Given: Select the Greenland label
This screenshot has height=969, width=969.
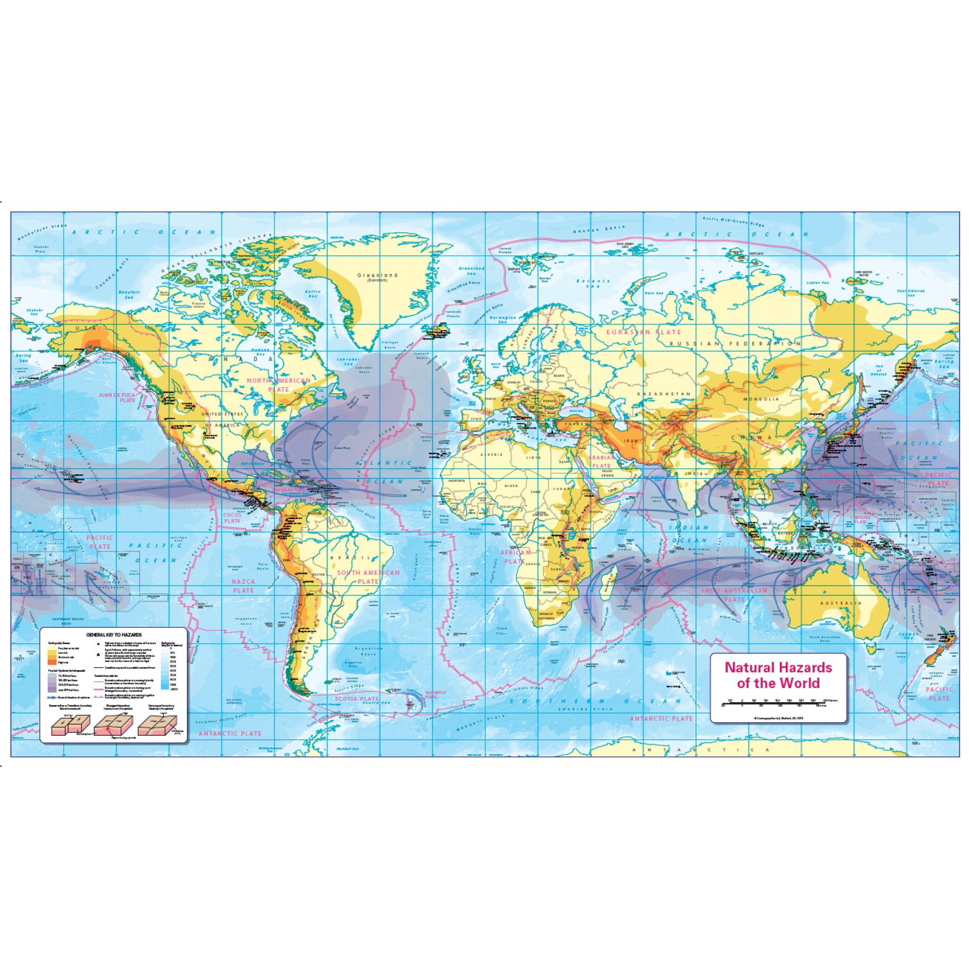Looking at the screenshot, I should (x=377, y=275).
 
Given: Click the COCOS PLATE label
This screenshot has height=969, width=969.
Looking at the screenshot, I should (x=233, y=518).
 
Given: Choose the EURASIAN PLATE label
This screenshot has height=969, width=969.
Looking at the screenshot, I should (x=644, y=332).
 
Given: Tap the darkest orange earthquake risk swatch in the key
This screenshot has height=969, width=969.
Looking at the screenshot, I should (x=52, y=662).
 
